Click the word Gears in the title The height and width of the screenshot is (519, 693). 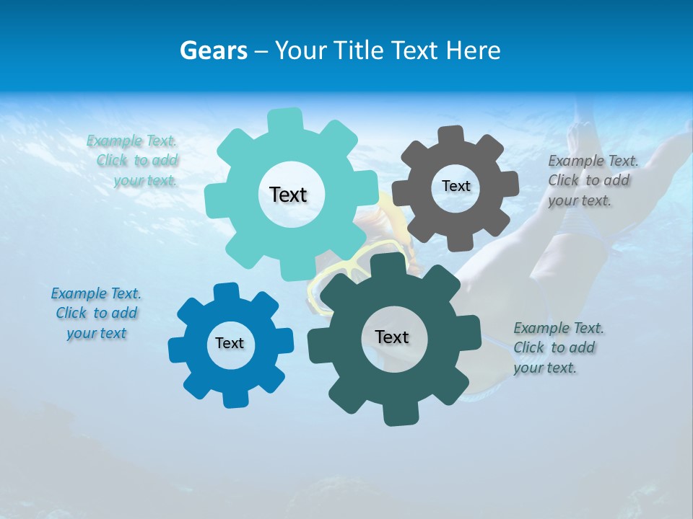[212, 50]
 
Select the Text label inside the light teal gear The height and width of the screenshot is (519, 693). [288, 195]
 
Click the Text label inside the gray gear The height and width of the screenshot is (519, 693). [456, 186]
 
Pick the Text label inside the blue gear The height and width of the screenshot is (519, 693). [230, 343]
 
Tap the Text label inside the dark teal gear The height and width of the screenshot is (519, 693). [392, 337]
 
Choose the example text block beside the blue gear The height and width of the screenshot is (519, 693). [96, 313]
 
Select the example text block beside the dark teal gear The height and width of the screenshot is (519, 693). [558, 347]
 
